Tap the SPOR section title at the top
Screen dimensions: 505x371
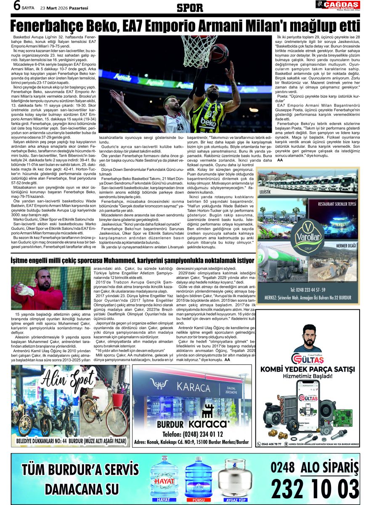190,8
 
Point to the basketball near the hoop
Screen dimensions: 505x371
218,54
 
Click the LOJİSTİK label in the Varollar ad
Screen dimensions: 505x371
265,191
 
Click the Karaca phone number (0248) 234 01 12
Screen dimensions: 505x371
194,434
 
